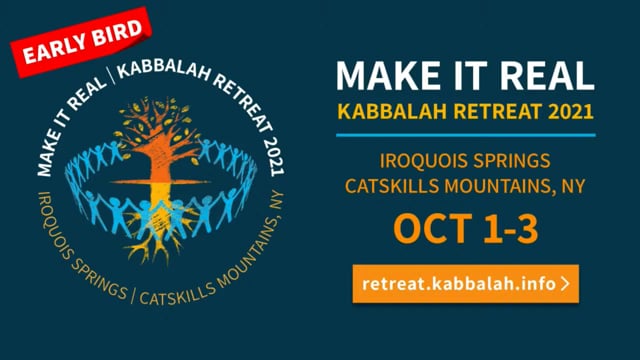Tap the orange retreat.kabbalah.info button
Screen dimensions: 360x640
coord(466,283)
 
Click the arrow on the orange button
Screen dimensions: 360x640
coord(566,283)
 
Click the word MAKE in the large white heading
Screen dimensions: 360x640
coord(384,76)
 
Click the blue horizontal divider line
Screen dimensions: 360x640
coord(466,134)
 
